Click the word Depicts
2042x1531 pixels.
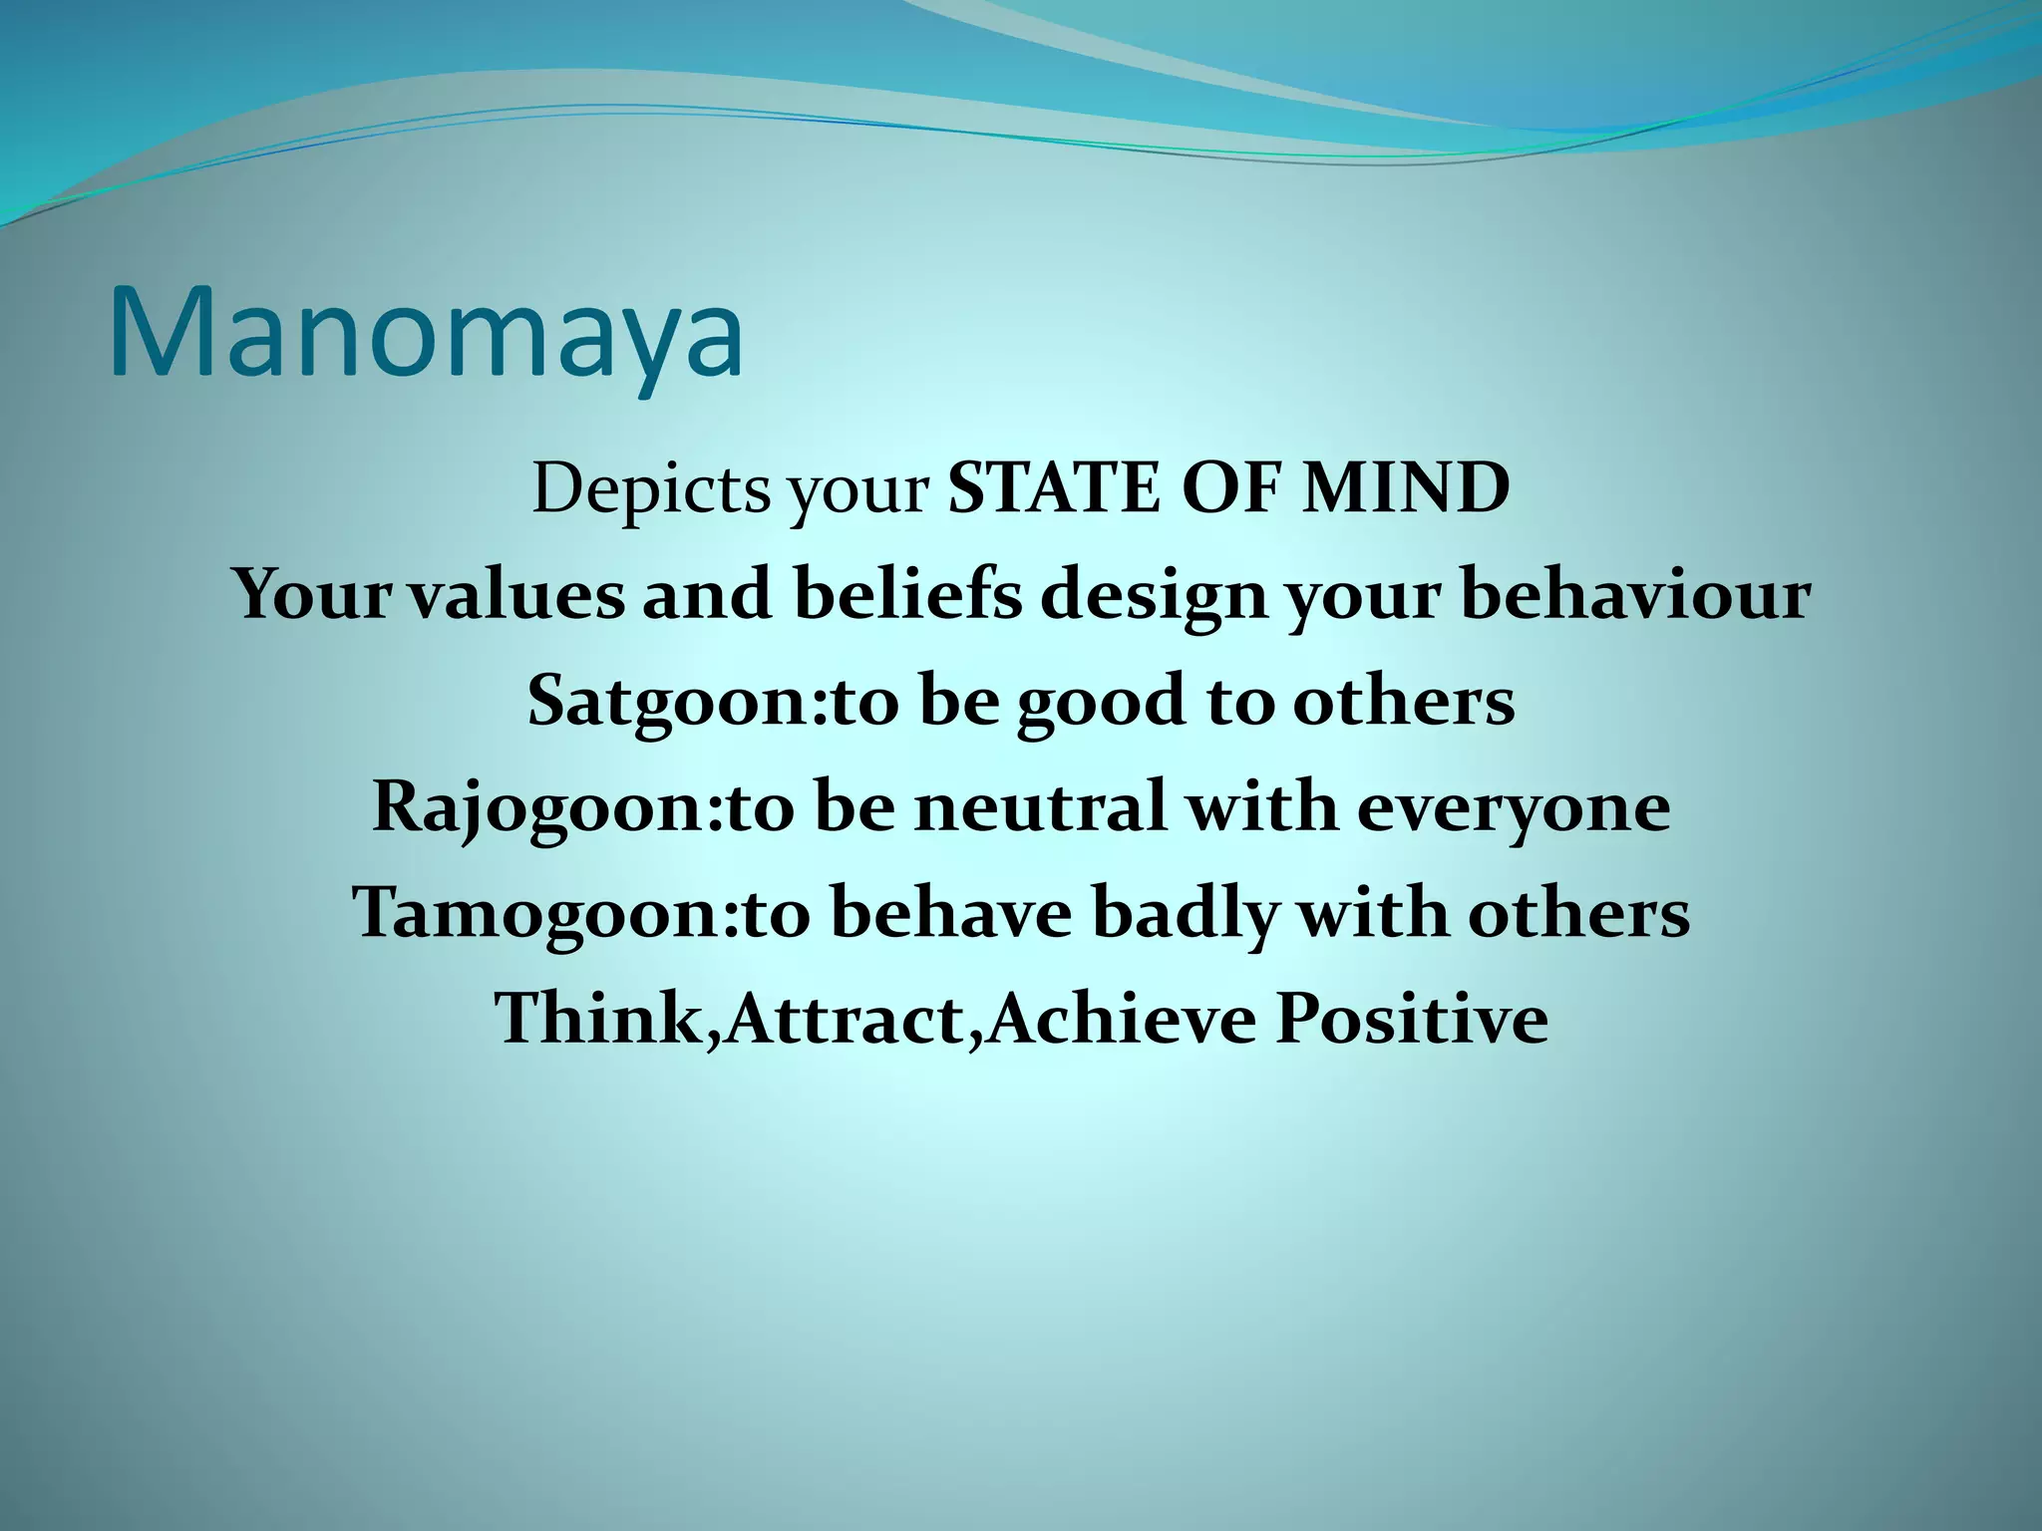coord(650,490)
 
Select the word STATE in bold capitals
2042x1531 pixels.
coord(1053,489)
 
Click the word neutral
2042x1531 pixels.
coord(1041,807)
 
